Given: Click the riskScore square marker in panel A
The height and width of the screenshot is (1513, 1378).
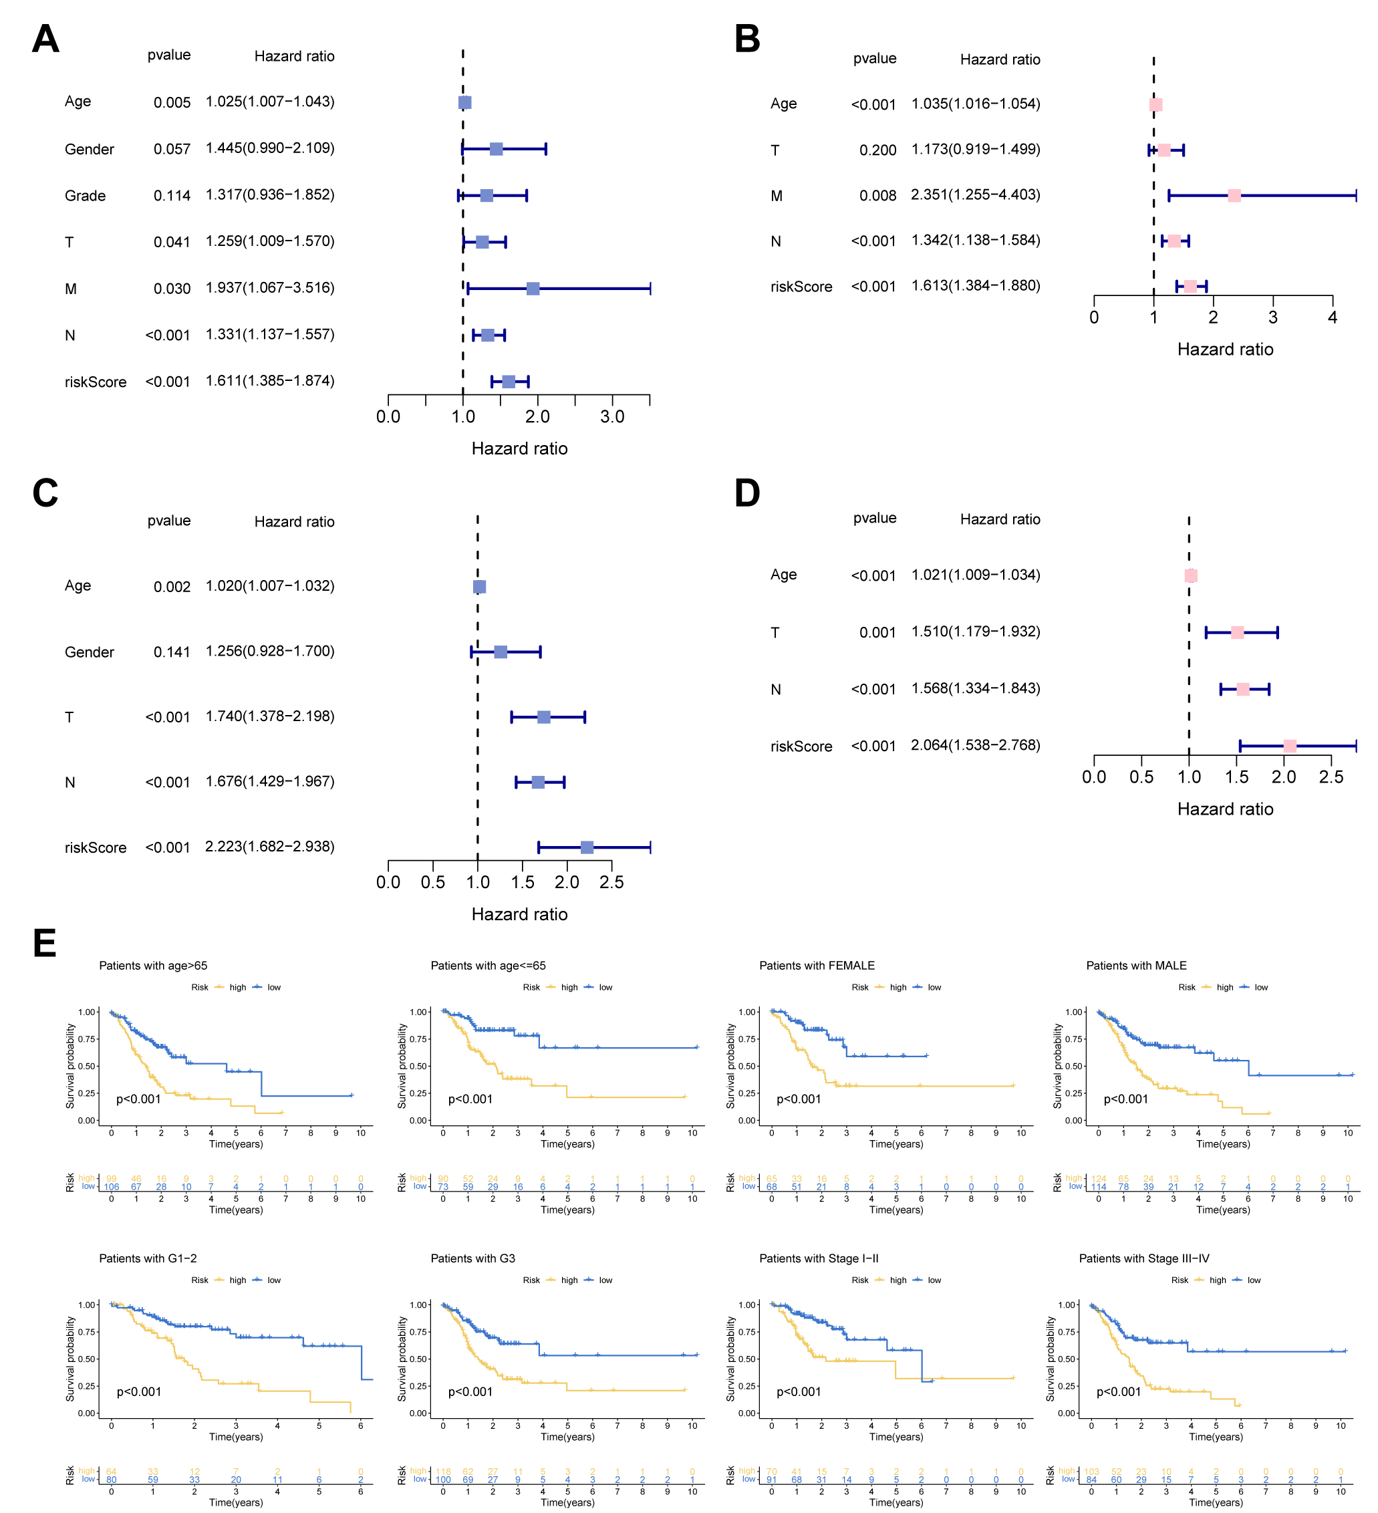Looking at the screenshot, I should point(508,382).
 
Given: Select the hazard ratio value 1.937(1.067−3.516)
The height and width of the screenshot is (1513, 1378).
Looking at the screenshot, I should point(269,288).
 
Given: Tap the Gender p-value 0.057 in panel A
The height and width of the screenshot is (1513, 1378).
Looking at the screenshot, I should point(172,149).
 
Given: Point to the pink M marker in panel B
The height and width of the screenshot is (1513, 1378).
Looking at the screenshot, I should point(1234,196).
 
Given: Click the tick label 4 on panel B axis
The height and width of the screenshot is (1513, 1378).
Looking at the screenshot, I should point(1332,317).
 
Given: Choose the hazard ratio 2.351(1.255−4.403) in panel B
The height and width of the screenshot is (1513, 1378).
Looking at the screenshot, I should point(975,195).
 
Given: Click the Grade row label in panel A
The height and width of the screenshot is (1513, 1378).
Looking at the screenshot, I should point(85,196).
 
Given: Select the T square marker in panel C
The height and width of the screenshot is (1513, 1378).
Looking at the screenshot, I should point(543,718).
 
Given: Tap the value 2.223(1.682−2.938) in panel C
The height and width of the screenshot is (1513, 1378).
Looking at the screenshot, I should point(269,847).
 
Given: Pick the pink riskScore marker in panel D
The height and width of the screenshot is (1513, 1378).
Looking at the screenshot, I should point(1289,746).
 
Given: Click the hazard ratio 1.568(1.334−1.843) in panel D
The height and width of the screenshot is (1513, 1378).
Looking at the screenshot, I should point(975,689).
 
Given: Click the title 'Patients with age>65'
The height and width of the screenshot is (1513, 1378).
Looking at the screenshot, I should point(153,966).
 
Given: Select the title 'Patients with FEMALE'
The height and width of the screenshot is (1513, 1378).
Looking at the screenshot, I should point(817,966).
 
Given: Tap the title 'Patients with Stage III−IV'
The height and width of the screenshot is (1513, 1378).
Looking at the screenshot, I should point(1144,1258).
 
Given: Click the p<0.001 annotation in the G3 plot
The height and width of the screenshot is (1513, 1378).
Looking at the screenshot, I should point(470,1392).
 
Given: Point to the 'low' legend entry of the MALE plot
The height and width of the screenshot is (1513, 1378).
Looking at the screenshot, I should point(1261,988).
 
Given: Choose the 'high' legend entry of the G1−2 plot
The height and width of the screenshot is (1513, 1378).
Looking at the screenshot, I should point(237,1280).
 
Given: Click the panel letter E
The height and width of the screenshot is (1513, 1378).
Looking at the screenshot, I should point(45,944).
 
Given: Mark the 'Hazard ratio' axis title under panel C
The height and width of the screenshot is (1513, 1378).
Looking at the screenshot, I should point(519,915).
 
